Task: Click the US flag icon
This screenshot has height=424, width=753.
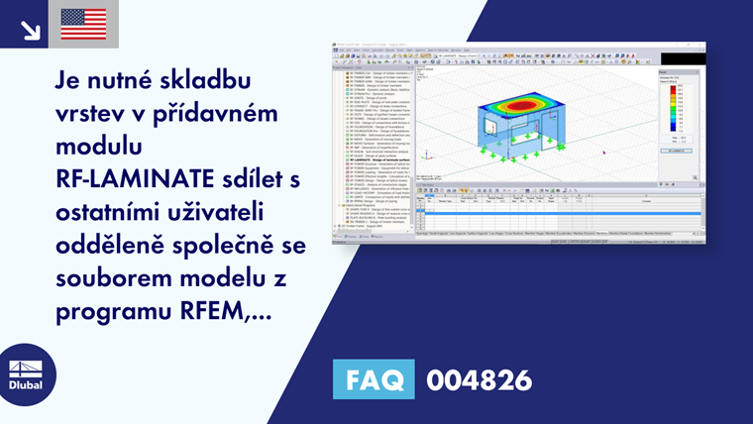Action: pyautogui.click(x=83, y=24)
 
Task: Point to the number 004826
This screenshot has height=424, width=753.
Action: pyautogui.click(x=479, y=379)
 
